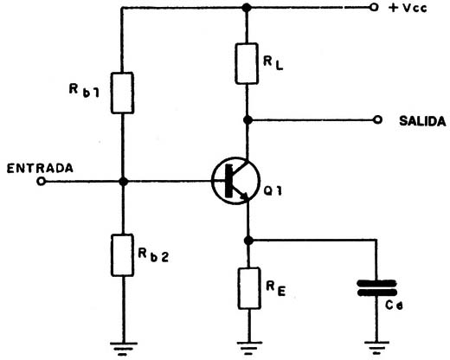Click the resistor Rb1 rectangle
[122, 93]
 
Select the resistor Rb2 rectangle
[122, 255]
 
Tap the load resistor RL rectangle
[247, 63]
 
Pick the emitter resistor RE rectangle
[249, 288]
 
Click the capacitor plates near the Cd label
[376, 288]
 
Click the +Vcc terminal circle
[374, 8]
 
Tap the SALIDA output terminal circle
[377, 119]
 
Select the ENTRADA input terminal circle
[42, 182]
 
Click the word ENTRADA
[40, 168]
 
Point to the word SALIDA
[422, 121]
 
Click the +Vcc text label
[408, 8]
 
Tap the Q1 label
[273, 191]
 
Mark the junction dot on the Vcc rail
[247, 8]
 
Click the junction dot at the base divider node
[124, 182]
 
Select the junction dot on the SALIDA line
[247, 119]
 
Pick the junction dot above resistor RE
[248, 240]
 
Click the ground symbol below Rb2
[124, 349]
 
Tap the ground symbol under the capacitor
[376, 348]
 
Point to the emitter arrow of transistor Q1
[244, 196]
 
